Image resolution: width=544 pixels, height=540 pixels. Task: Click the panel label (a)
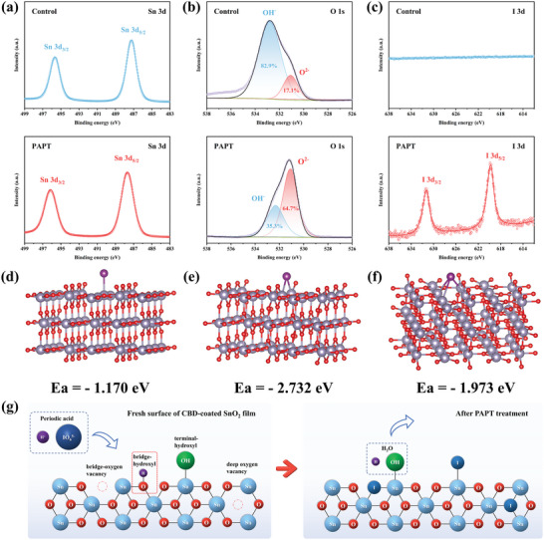pyautogui.click(x=11, y=8)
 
